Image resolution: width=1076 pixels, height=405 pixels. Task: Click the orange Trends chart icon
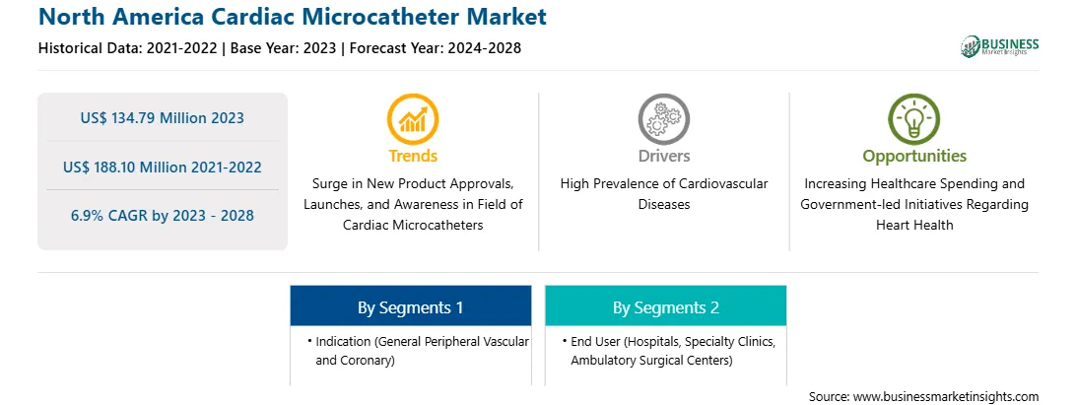click(x=413, y=119)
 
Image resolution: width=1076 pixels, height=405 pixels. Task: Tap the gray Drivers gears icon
click(x=663, y=119)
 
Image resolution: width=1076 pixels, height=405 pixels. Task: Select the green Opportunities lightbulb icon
click(x=914, y=119)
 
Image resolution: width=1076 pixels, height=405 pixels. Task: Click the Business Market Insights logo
click(x=1000, y=46)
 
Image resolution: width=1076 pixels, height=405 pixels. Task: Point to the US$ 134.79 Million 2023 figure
click(x=162, y=118)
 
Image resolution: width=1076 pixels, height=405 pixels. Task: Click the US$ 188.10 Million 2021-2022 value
click(x=162, y=167)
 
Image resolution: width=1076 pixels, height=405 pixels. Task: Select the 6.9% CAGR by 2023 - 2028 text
click(x=162, y=216)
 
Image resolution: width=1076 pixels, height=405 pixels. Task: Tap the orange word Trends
click(x=413, y=156)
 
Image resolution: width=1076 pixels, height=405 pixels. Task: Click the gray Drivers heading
click(x=663, y=156)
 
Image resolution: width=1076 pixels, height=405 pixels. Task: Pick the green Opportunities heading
click(x=914, y=157)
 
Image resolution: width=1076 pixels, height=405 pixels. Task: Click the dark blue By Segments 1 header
click(x=410, y=305)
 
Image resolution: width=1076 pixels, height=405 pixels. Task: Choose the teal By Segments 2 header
click(x=666, y=305)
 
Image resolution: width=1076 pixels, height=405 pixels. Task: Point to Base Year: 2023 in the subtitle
click(x=284, y=48)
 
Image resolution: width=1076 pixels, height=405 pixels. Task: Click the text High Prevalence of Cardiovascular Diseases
click(x=663, y=194)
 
